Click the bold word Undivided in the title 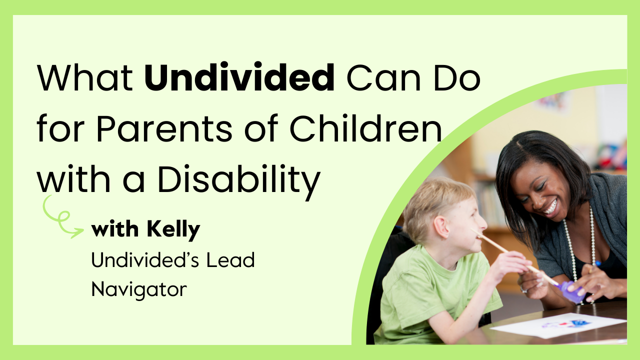click(x=239, y=77)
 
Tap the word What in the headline click(x=85, y=77)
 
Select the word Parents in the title click(x=164, y=128)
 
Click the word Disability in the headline click(x=239, y=180)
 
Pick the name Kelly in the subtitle click(x=173, y=230)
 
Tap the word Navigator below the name click(x=139, y=290)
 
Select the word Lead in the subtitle click(x=230, y=260)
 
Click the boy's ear click(x=441, y=227)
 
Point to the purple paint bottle click(x=571, y=291)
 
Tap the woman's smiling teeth click(x=550, y=207)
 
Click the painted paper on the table click(x=557, y=325)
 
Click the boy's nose click(x=483, y=223)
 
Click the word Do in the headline click(x=457, y=77)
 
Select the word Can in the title click(x=383, y=77)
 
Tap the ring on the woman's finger click(x=523, y=289)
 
